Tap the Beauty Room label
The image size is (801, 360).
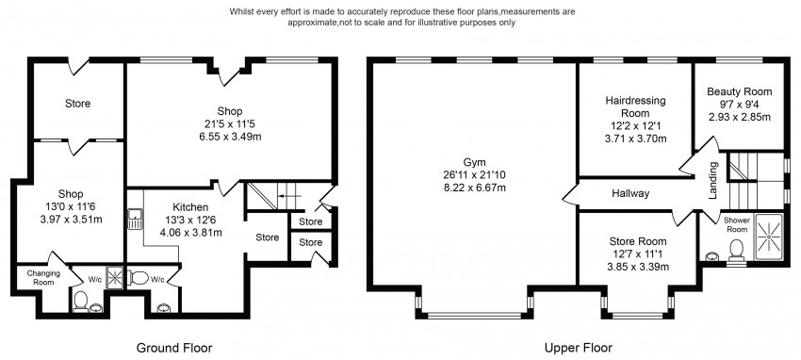(x=739, y=92)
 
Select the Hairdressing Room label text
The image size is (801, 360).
(x=635, y=106)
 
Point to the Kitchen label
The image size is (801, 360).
(x=190, y=207)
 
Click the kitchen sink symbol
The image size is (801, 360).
(x=136, y=220)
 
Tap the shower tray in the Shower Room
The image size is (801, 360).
(x=768, y=237)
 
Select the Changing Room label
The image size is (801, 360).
(x=44, y=278)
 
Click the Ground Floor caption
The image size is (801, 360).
(x=174, y=349)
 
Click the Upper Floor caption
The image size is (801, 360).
(x=578, y=349)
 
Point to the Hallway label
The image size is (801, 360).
(x=630, y=193)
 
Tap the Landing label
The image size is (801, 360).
(x=714, y=180)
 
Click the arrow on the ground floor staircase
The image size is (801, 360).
(x=288, y=196)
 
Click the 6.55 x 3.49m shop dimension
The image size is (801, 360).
(x=230, y=137)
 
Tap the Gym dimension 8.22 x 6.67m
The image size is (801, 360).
(x=475, y=187)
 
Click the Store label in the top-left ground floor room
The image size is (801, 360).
(x=77, y=104)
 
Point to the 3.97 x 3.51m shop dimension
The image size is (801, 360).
(x=71, y=220)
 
